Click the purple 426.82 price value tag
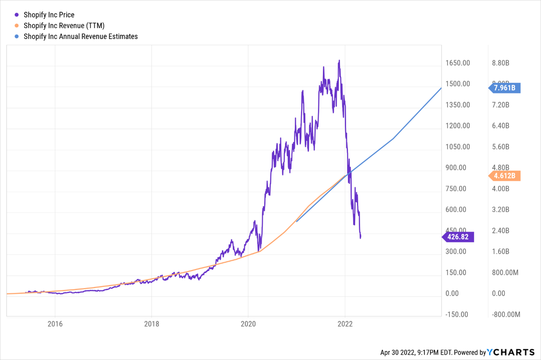[458, 237]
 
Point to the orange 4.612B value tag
[504, 176]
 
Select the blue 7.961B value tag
[504, 88]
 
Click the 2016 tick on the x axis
[55, 324]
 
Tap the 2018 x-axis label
[152, 324]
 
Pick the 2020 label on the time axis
[248, 324]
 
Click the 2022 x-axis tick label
[345, 324]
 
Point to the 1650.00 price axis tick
[458, 63]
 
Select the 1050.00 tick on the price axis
[458, 147]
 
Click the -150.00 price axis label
[457, 314]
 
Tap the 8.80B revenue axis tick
[501, 63]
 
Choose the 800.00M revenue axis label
[505, 273]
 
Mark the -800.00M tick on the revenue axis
[506, 314]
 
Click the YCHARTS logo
[511, 352]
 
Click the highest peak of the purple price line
[339, 60]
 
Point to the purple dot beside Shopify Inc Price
[17, 15]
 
